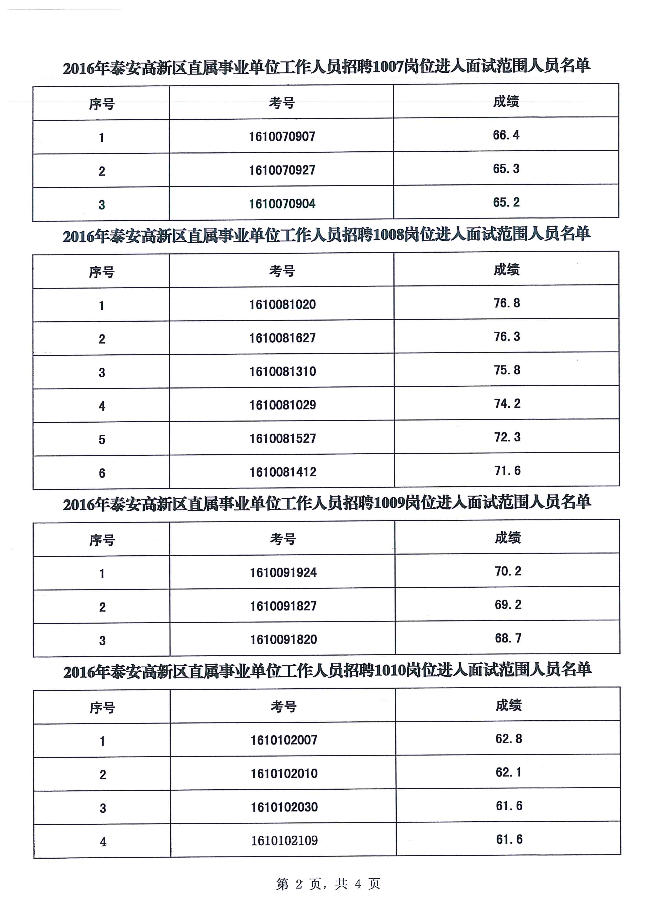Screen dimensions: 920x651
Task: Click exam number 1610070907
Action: pos(282,137)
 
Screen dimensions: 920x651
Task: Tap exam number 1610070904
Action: pos(282,204)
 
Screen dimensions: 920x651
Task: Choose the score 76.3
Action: pos(507,337)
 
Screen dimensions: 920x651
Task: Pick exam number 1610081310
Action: pos(283,371)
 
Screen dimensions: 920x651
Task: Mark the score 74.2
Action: pos(507,403)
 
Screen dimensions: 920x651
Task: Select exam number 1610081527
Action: pos(283,438)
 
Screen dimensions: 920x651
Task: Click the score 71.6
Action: pos(507,470)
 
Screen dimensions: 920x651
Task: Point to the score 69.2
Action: pos(508,605)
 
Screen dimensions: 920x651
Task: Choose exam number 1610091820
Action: pos(283,640)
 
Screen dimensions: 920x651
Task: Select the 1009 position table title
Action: pos(327,503)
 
